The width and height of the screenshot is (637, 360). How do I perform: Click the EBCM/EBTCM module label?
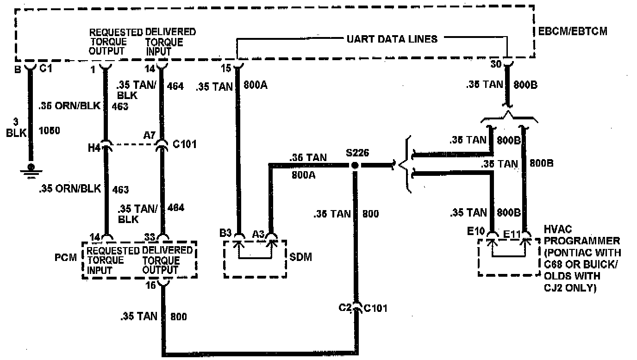[x=573, y=31]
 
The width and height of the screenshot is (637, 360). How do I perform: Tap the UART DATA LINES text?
[x=392, y=39]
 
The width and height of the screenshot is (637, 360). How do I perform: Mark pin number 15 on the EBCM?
[x=225, y=68]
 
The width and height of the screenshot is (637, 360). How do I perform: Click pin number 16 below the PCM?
[x=151, y=286]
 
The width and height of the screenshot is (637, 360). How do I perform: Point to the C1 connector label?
[x=45, y=69]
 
